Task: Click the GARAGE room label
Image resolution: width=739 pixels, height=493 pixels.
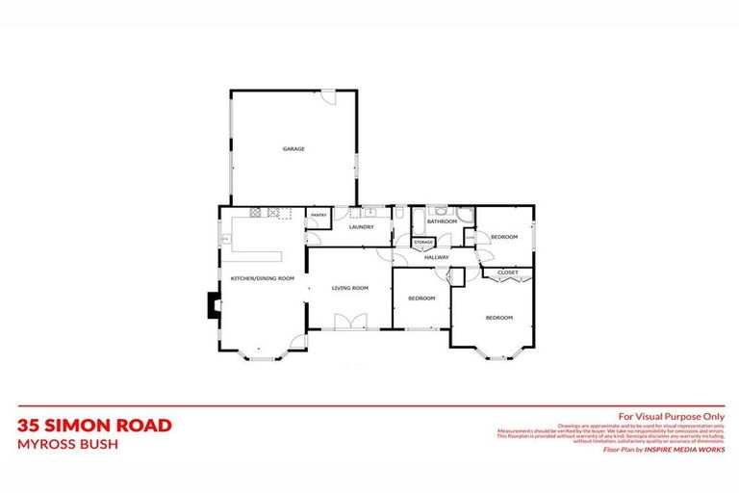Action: [293, 149]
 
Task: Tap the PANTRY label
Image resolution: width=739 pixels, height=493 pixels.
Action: [319, 215]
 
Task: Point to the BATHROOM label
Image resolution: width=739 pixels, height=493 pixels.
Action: [442, 221]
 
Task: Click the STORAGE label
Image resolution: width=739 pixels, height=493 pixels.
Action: [423, 242]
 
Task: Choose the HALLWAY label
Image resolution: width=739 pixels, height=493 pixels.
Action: [437, 257]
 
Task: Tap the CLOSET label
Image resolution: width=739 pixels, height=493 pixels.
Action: [508, 273]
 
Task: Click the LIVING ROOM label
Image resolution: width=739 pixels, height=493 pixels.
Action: [350, 288]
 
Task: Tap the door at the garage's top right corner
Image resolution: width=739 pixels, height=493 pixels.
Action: [328, 96]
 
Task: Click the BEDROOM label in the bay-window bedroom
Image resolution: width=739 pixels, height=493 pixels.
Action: [498, 318]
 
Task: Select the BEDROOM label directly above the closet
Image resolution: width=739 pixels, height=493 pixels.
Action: [504, 237]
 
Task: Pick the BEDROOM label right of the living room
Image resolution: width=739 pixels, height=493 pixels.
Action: [420, 298]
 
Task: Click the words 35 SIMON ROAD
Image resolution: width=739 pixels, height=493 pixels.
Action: [94, 425]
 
